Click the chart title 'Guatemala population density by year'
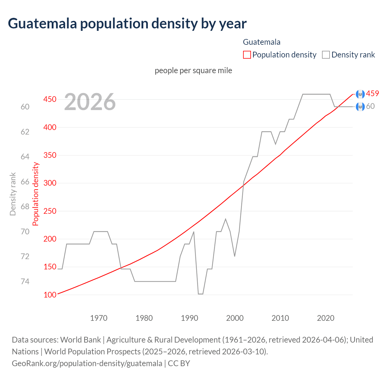[127, 24]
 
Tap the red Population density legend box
[247, 55]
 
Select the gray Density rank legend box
[326, 55]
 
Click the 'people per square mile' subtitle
[193, 70]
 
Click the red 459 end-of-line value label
[372, 94]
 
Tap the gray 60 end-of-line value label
[370, 106]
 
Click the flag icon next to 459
[360, 94]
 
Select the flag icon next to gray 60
[360, 107]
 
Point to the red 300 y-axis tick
[50, 183]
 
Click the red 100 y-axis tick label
[50, 295]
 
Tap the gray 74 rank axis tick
[25, 281]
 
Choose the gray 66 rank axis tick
[25, 182]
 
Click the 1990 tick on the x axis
[190, 318]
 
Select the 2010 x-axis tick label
[280, 318]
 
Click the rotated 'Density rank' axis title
[13, 194]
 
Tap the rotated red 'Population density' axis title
[36, 194]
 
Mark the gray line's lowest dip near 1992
[200, 294]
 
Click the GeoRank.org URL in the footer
[87, 363]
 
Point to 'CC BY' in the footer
[179, 363]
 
